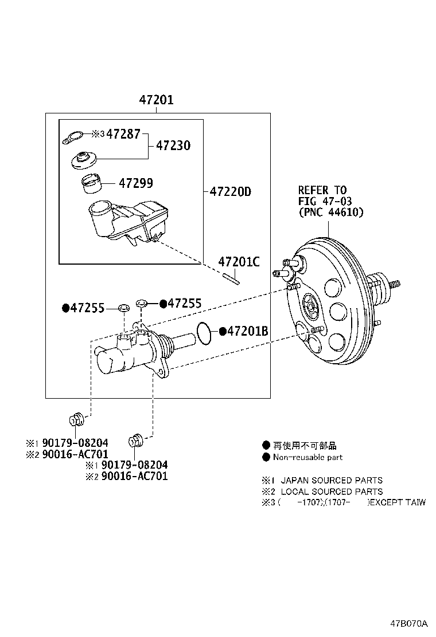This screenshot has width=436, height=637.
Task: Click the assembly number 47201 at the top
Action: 155,100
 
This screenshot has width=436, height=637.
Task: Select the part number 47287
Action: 123,134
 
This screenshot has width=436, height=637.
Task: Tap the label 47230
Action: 173,146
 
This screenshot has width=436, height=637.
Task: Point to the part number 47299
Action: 136,183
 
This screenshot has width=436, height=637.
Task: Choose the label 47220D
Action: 230,192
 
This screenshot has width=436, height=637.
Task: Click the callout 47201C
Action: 239,262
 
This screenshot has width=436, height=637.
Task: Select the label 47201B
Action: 248,331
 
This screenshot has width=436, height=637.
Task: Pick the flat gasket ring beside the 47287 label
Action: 72,138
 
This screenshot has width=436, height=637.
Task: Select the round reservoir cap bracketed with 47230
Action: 84,160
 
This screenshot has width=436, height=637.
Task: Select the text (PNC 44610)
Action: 330,212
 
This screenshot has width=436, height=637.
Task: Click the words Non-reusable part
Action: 307,457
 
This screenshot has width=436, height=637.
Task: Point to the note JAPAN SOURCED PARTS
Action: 331,481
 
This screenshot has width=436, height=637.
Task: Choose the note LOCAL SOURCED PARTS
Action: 331,491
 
